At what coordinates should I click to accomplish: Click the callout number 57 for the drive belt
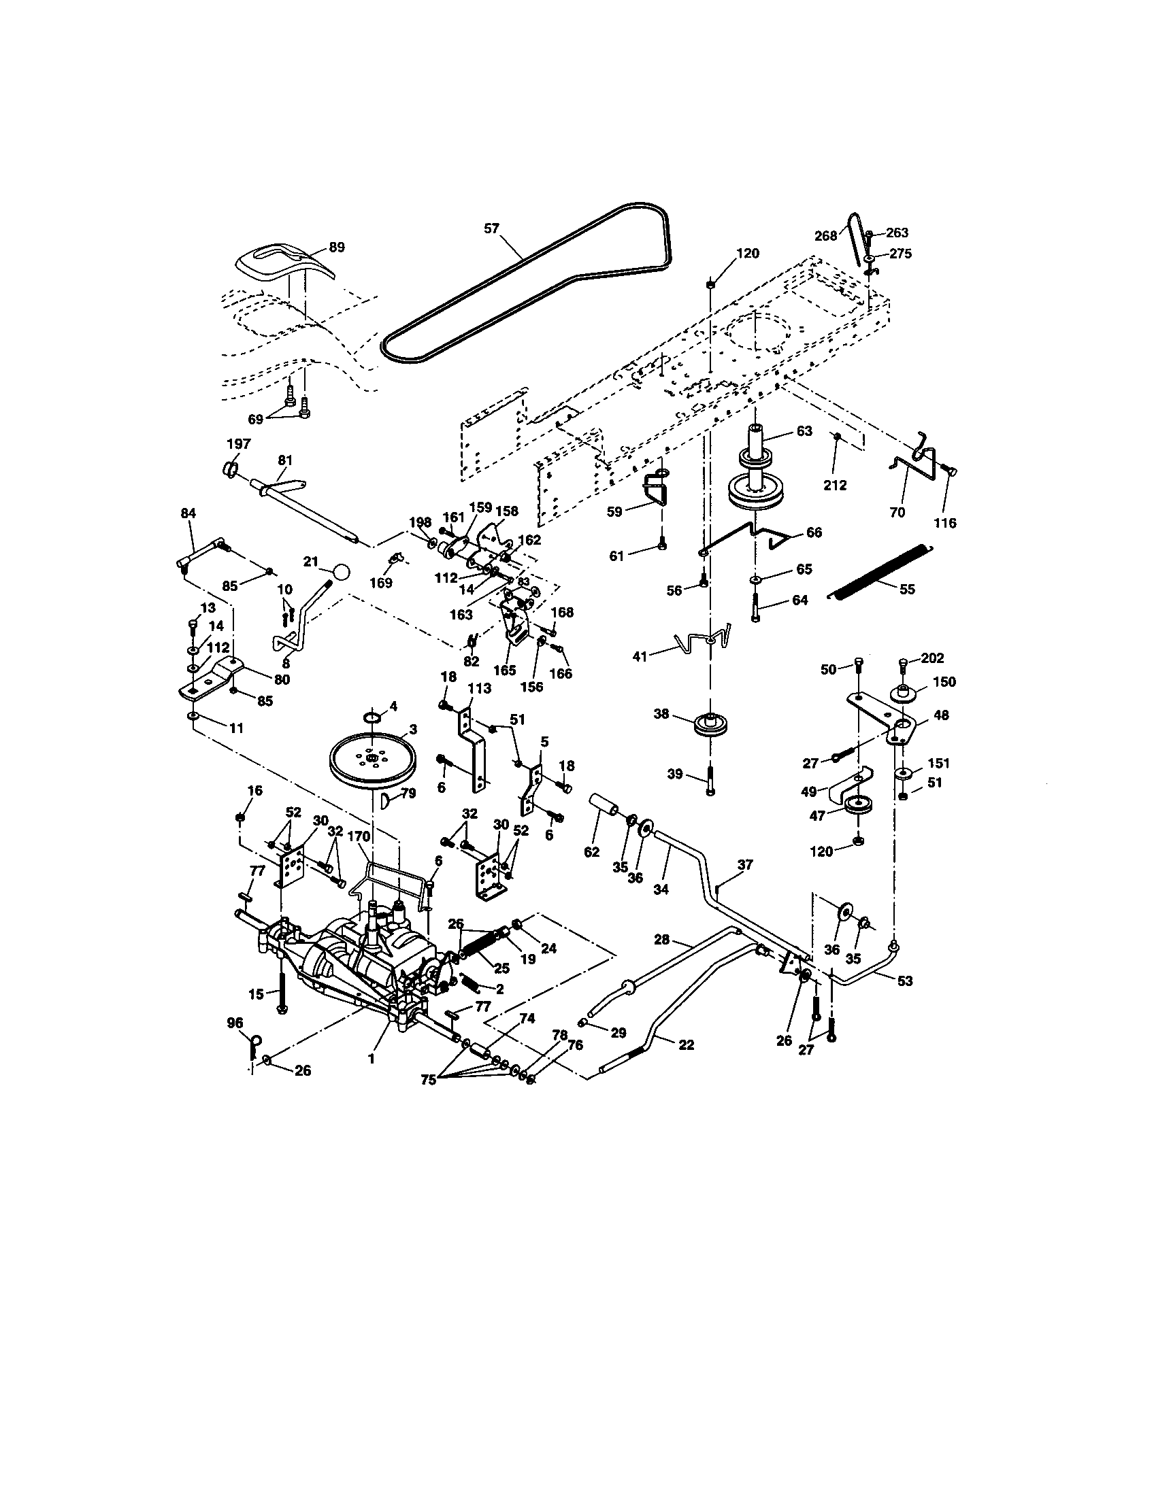click(491, 228)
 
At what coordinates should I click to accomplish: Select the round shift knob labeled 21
click(342, 571)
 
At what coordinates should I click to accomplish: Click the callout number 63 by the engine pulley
click(804, 431)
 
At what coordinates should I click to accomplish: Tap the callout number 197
click(237, 443)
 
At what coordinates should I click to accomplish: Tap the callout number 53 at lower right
click(904, 980)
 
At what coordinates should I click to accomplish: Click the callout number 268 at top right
click(826, 236)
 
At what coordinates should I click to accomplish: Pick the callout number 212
click(836, 485)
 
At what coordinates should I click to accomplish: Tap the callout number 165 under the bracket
click(504, 670)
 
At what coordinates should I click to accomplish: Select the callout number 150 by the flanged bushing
click(944, 681)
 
